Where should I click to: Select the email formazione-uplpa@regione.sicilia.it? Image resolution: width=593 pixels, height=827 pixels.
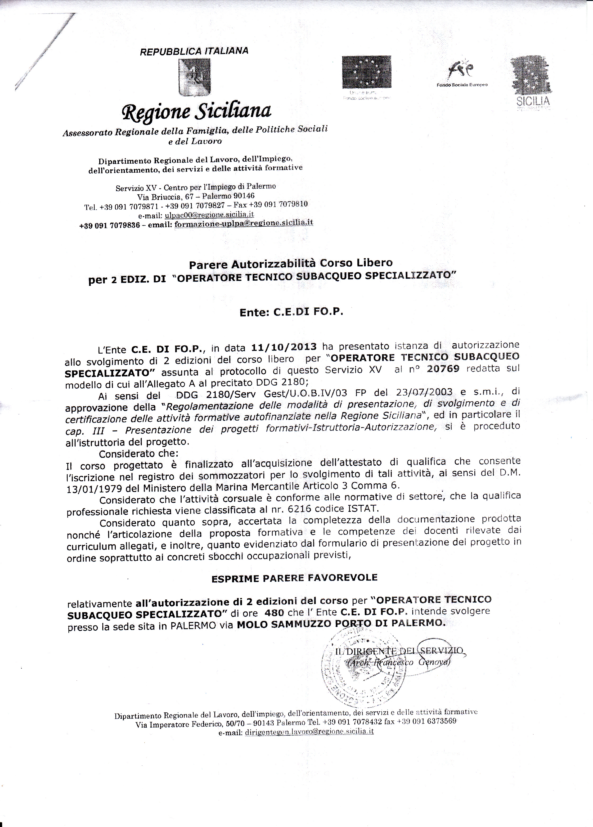(244, 223)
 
